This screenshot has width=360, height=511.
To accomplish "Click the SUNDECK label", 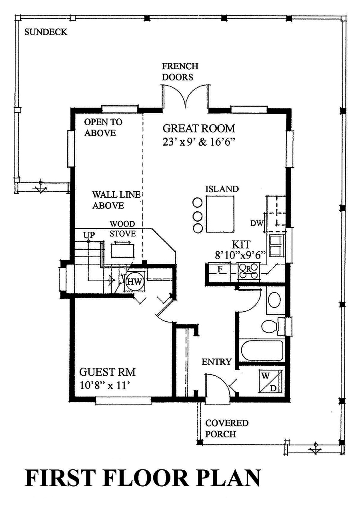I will pos(46,32).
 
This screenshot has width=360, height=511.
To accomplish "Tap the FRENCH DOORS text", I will pos(180,72).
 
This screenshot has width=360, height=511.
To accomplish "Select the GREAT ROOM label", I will pos(199,128).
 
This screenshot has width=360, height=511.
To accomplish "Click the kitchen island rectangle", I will pos(220,214).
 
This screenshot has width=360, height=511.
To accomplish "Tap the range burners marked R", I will pos(248,270).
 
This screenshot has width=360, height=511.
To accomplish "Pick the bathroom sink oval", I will pos(274,300).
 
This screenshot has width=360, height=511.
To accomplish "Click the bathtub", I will pos(262,350).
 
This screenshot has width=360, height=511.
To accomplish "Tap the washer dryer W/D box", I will pos(272,381).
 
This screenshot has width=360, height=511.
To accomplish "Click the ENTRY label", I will pos(216,362).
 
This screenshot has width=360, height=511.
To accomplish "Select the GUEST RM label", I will pos(107,372).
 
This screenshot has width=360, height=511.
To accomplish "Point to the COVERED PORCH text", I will pos(226,428).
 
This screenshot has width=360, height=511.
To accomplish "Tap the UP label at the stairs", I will pos(89,235).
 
